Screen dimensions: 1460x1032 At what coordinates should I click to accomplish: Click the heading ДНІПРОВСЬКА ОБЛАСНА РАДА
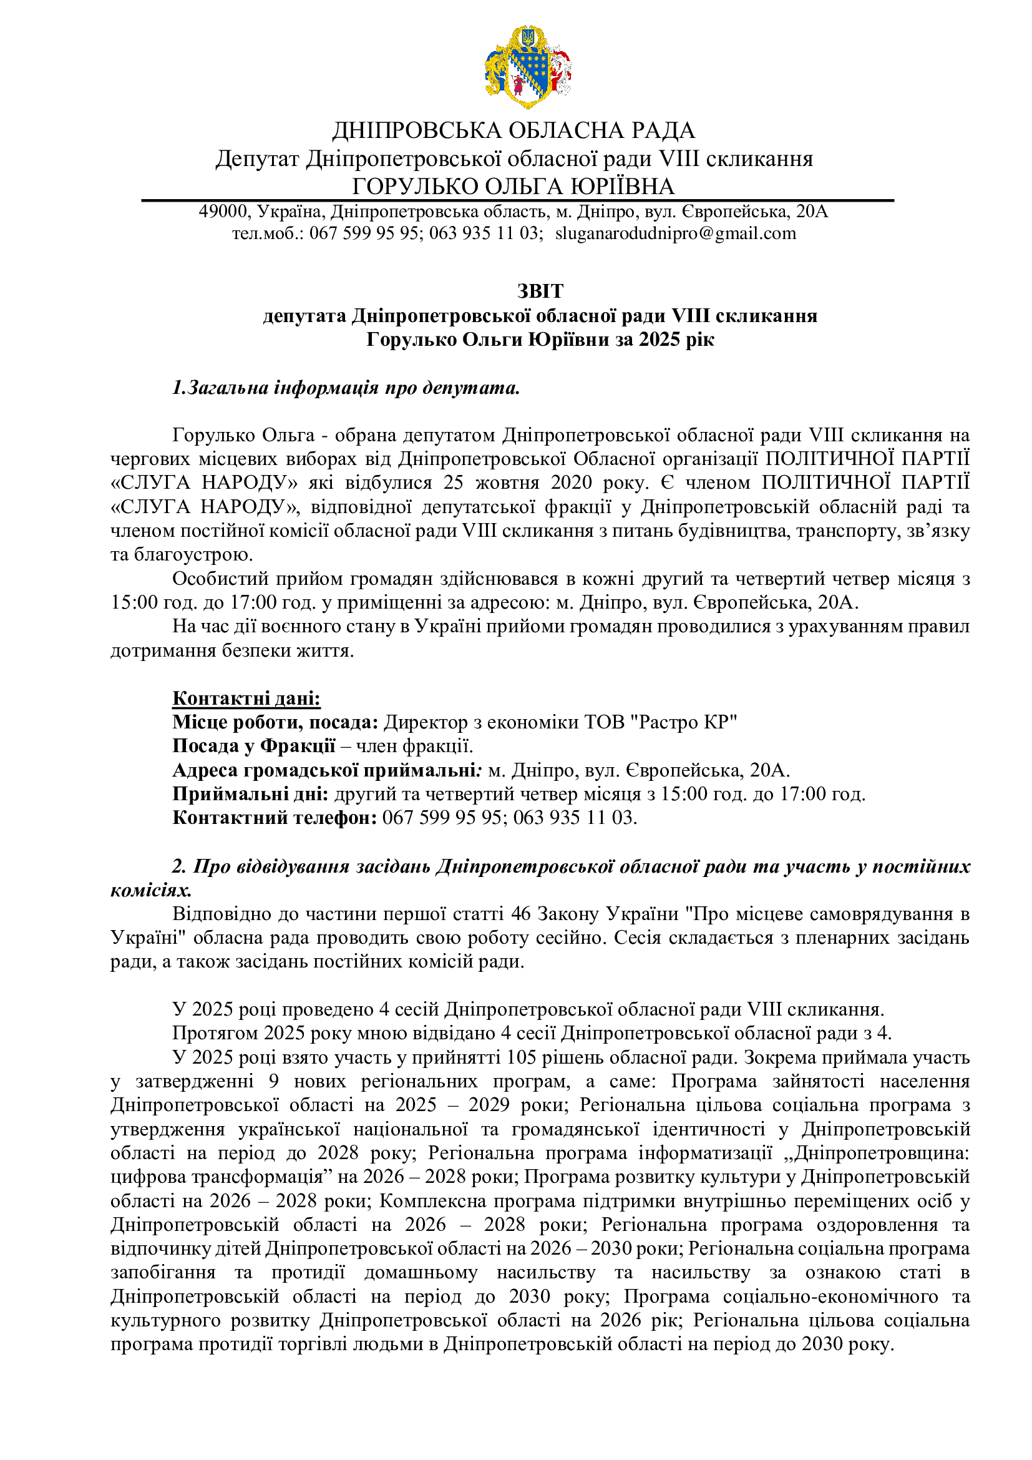514,130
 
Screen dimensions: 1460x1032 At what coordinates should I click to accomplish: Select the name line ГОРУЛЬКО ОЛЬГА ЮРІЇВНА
514,186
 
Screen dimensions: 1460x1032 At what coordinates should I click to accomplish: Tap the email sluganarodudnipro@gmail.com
676,233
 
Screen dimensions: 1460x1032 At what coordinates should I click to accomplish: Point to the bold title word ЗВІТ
540,291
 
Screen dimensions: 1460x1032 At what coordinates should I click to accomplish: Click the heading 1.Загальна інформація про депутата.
346,388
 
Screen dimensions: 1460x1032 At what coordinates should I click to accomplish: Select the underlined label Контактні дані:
246,698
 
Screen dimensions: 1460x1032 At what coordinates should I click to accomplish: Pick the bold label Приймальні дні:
250,794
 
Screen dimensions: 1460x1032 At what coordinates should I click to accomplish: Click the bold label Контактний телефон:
275,818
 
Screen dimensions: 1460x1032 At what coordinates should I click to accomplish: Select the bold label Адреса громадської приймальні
324,770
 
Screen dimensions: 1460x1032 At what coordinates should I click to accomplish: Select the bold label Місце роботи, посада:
275,722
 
